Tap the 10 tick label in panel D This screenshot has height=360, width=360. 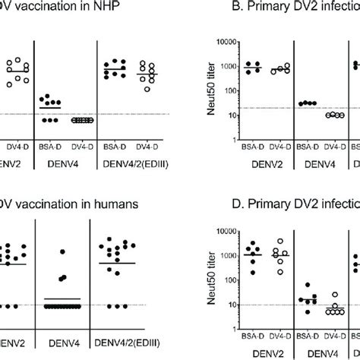(x=232, y=305)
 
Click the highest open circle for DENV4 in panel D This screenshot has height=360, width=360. (x=336, y=295)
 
